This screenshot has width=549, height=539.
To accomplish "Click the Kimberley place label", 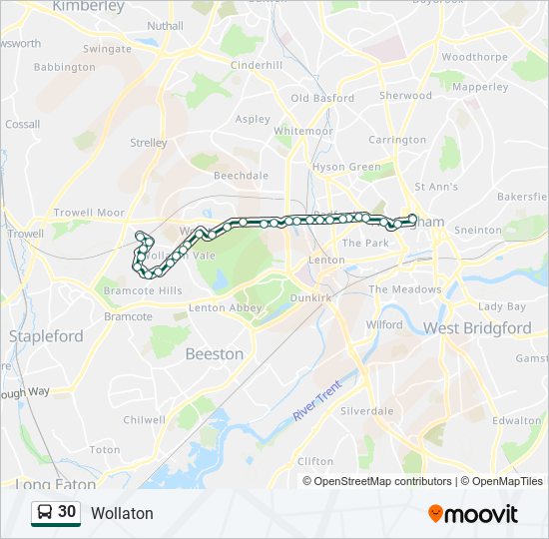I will [x=88, y=6].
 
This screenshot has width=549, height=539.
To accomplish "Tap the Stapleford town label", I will [x=46, y=336].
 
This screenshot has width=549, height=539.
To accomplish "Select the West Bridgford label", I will [x=477, y=327].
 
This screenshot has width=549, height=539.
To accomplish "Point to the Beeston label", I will [x=214, y=353].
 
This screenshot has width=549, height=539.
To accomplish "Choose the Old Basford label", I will [x=322, y=98].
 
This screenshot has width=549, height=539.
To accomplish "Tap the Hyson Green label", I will [x=346, y=167].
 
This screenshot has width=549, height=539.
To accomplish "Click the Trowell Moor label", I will [x=89, y=213].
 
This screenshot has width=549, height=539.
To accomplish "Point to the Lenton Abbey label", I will [x=225, y=307].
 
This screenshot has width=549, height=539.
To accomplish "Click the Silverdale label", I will [x=366, y=411].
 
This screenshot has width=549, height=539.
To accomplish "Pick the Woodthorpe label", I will [x=474, y=57].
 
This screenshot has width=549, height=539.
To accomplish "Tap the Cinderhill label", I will [x=257, y=65].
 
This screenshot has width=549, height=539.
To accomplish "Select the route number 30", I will [x=67, y=511].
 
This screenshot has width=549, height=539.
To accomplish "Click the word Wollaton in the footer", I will [x=122, y=513].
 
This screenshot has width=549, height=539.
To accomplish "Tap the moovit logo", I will [x=473, y=514].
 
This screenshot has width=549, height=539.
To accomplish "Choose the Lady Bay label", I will [x=502, y=306].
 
